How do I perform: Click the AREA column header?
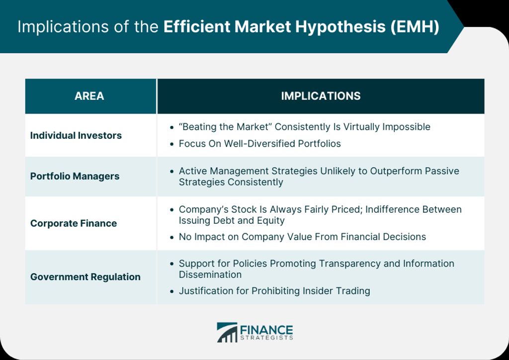(x=89, y=96)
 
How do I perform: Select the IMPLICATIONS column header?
(x=321, y=96)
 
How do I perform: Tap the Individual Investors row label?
(x=76, y=135)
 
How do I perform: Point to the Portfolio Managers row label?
(x=75, y=176)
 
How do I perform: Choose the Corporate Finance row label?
(x=74, y=223)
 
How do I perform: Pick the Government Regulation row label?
(x=85, y=276)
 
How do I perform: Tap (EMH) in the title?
(x=415, y=27)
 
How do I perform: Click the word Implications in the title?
(x=63, y=27)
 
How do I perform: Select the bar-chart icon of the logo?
(x=227, y=333)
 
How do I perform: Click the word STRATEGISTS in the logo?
(x=266, y=338)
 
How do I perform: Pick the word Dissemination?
(x=210, y=274)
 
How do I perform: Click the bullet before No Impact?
(x=171, y=237)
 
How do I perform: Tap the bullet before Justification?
(x=171, y=291)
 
